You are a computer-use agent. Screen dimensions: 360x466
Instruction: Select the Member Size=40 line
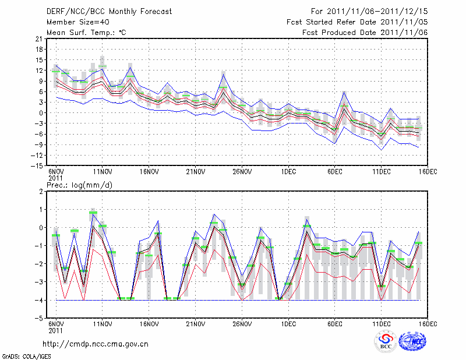74,22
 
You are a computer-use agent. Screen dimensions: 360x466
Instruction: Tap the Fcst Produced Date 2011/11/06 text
365,33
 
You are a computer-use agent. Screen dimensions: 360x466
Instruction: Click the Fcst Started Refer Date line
357,22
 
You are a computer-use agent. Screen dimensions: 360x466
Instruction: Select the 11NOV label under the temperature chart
103,171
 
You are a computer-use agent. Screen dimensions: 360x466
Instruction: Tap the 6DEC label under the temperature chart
335,171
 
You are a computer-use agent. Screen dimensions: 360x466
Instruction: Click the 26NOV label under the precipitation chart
242,324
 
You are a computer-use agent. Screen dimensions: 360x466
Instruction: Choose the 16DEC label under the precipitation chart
428,324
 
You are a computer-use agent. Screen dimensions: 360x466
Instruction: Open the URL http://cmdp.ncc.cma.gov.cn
96,344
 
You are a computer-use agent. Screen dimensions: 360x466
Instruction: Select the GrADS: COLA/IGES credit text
22,355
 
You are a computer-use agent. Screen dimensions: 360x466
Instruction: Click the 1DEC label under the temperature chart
288,171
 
